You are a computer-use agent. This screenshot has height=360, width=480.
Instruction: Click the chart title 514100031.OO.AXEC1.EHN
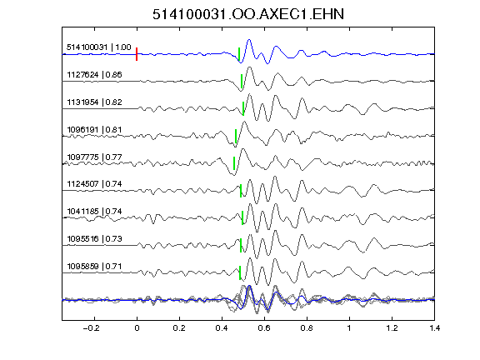pyautogui.click(x=248, y=14)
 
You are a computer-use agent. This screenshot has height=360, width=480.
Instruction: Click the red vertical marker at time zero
pyautogui.click(x=137, y=54)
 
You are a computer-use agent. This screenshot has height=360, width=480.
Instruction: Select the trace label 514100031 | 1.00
pyautogui.click(x=99, y=47)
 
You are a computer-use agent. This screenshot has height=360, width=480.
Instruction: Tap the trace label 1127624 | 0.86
pyautogui.click(x=94, y=75)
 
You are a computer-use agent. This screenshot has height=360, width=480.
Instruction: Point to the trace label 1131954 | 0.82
pyautogui.click(x=94, y=102)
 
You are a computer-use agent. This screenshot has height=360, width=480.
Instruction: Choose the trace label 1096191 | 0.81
pyautogui.click(x=94, y=129)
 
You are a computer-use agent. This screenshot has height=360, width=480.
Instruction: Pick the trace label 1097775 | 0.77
pyautogui.click(x=94, y=157)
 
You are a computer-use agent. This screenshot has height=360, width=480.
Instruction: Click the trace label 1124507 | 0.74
pyautogui.click(x=94, y=183)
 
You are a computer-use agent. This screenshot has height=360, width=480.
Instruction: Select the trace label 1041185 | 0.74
pyautogui.click(x=94, y=211)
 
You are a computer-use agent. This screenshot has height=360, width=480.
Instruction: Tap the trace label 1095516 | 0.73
pyautogui.click(x=94, y=239)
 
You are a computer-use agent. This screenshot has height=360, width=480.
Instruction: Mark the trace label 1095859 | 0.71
pyautogui.click(x=94, y=267)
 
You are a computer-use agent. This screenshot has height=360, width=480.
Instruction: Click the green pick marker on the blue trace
pyautogui.click(x=239, y=54)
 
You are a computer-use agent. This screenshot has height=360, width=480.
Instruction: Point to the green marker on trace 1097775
pyautogui.click(x=234, y=163)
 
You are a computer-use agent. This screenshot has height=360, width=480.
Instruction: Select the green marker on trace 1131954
pyautogui.click(x=243, y=108)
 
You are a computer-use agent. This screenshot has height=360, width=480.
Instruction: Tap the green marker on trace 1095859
pyautogui.click(x=240, y=272)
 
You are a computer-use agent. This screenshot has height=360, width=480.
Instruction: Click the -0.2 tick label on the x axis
pyautogui.click(x=91, y=328)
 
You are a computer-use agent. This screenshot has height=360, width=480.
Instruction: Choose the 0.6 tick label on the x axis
pyautogui.click(x=264, y=328)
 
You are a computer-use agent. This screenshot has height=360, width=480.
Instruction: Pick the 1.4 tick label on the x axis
pyautogui.click(x=434, y=328)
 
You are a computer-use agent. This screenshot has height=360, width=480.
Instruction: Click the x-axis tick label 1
pyautogui.click(x=349, y=328)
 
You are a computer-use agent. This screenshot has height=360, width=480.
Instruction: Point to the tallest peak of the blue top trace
pyautogui.click(x=249, y=40)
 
